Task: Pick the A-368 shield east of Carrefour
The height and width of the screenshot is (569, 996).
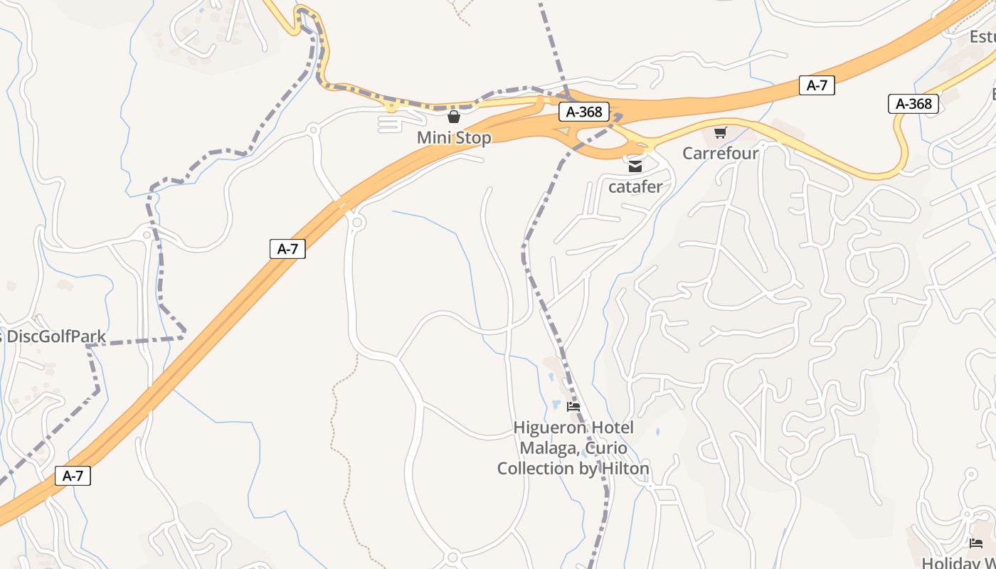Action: point(913,104)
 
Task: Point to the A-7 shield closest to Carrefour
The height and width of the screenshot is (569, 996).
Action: point(817,85)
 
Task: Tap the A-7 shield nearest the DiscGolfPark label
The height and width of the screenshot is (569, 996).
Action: point(287,249)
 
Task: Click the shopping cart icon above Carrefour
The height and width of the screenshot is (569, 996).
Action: point(721,132)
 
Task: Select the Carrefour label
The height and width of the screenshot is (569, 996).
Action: point(721,153)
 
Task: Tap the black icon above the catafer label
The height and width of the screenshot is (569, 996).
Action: point(635,166)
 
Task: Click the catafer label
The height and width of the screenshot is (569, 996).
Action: point(635,187)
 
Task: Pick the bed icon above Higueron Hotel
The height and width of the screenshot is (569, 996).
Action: point(573,408)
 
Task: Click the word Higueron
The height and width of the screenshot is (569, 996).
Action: point(549,428)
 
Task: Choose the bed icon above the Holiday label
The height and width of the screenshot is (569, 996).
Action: point(976,544)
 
